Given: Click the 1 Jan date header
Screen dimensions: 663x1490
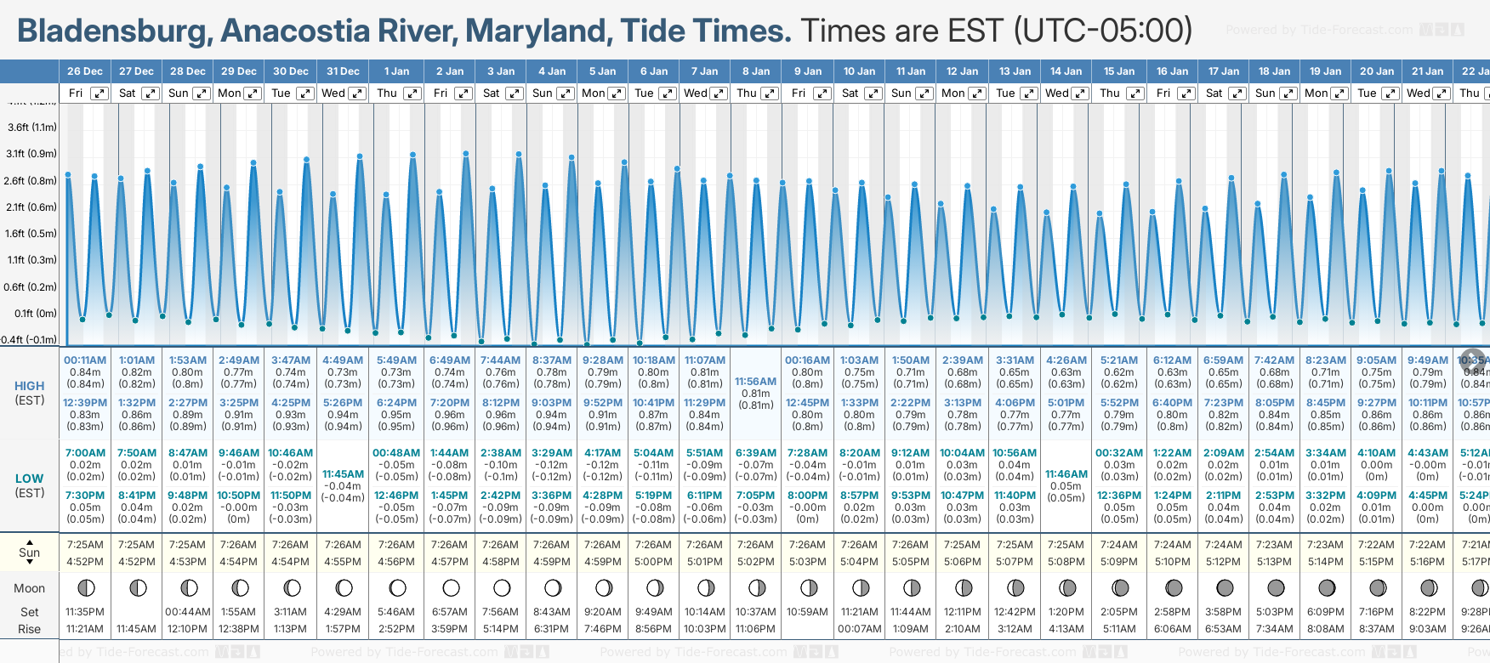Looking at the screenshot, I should click(x=396, y=71).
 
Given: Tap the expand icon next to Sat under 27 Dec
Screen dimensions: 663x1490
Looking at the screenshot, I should click(x=150, y=93).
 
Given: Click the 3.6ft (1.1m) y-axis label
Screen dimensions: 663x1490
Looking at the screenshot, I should click(x=31, y=127).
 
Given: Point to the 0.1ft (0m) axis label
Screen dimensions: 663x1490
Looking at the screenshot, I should click(x=35, y=314).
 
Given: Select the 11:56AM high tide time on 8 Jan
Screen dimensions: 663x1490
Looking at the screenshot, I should click(x=755, y=382).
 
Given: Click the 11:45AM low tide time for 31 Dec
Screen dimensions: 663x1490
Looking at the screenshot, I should click(x=343, y=474).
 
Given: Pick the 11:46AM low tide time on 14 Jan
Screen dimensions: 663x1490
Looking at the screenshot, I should click(x=1066, y=474).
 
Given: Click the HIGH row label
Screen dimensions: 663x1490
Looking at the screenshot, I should click(x=30, y=386).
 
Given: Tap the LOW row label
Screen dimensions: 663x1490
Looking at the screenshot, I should click(x=30, y=479).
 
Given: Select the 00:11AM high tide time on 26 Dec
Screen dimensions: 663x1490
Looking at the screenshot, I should click(x=85, y=360).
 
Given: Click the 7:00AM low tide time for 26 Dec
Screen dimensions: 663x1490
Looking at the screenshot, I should click(x=85, y=453).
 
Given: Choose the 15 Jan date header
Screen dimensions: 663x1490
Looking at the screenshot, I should click(x=1119, y=71).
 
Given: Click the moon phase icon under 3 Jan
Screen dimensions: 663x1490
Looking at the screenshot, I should click(x=502, y=588).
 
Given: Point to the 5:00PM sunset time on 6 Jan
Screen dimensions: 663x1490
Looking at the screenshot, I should click(x=653, y=562).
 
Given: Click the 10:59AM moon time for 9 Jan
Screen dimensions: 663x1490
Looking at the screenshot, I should click(x=807, y=612).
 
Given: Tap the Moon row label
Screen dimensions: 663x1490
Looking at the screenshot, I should click(x=30, y=588).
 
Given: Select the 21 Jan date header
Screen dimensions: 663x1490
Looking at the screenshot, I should click(x=1428, y=71).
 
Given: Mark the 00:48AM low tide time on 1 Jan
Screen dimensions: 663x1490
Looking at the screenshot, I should click(x=396, y=453).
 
